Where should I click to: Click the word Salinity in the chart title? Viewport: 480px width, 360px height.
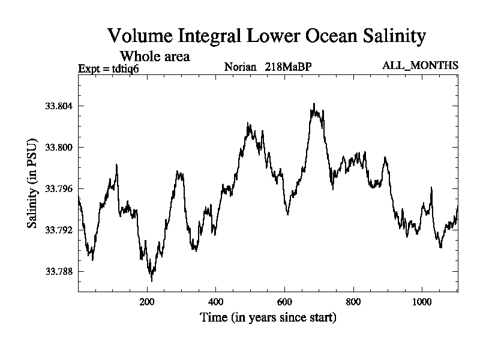coord(391,35)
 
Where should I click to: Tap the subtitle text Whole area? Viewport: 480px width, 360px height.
coord(155,56)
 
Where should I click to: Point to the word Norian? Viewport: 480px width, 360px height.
coord(241,66)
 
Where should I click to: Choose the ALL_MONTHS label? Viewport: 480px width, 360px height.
coord(420,65)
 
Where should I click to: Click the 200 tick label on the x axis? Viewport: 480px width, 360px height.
coord(147,302)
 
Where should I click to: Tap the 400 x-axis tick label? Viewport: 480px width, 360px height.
coord(216,302)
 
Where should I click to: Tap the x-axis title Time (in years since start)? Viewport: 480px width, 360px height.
coord(268,317)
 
